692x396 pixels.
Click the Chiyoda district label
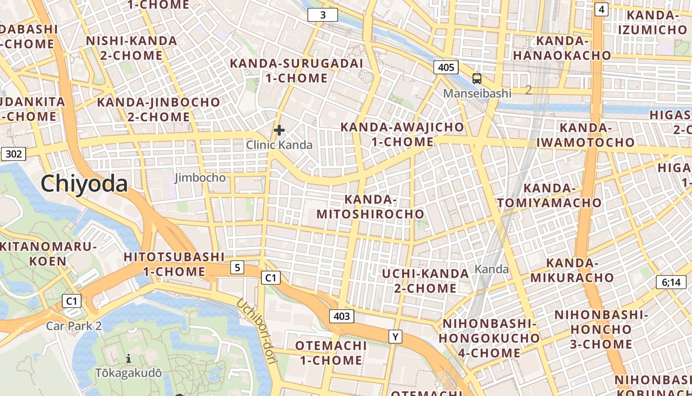(84, 184)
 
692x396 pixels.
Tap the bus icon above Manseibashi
(477, 78)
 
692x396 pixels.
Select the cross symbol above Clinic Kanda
(279, 130)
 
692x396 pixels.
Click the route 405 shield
(446, 67)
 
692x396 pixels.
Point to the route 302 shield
(13, 154)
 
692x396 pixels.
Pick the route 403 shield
(342, 316)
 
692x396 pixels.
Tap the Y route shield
(395, 337)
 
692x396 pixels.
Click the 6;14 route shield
(671, 283)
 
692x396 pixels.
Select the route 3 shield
(323, 15)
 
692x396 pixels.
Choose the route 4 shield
(601, 9)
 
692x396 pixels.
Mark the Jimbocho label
(200, 178)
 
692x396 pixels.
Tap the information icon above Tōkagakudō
(129, 358)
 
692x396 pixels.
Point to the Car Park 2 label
(74, 326)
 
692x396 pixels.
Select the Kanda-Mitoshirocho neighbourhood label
(370, 206)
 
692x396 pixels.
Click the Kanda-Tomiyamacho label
(549, 196)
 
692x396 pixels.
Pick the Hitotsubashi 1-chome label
(174, 264)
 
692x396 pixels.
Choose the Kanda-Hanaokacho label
(562, 48)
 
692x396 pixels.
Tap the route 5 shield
(237, 268)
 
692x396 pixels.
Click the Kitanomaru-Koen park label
(47, 253)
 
